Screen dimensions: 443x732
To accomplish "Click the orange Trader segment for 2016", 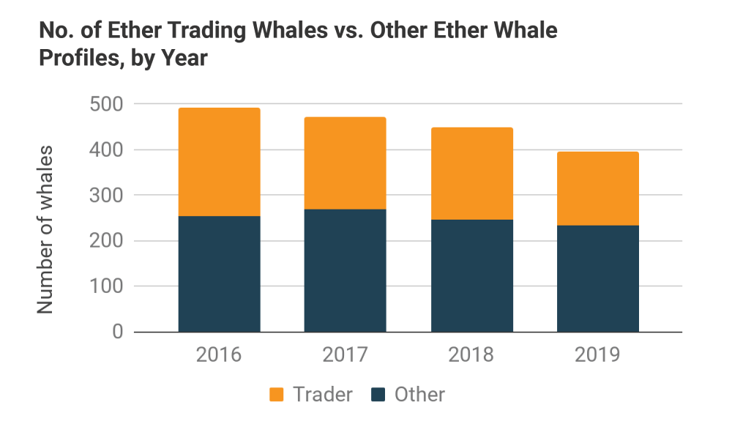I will click(220, 162).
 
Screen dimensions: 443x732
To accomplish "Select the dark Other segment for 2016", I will click(220, 274).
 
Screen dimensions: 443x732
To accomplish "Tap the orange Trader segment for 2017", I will click(346, 163).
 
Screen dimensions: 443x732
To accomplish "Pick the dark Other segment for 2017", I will click(346, 271).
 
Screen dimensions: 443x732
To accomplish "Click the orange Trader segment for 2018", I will click(471, 174).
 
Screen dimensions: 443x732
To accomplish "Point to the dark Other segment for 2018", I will click(471, 275).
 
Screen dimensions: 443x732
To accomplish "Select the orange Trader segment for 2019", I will click(597, 188).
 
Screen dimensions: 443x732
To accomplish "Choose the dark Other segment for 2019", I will click(597, 278).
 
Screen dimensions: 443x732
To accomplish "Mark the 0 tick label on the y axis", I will click(116, 332).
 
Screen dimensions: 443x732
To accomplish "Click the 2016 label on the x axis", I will click(220, 356).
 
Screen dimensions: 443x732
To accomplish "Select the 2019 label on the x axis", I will click(597, 356).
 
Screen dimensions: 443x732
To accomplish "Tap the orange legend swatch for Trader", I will click(276, 395).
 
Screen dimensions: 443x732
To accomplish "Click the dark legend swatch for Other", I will click(377, 395).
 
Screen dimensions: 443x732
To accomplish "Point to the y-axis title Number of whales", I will click(46, 230).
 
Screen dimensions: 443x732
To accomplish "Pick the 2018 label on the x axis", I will click(471, 356).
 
